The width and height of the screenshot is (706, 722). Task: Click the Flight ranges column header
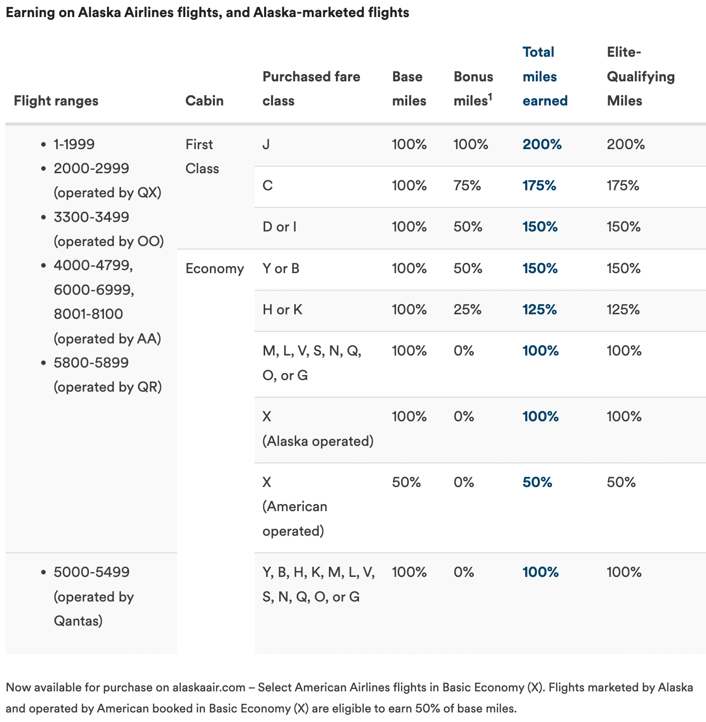coord(56,101)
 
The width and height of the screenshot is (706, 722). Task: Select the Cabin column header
coord(204,101)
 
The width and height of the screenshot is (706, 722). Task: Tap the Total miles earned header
coord(545,77)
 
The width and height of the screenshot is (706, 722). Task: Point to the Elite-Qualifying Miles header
coord(640,77)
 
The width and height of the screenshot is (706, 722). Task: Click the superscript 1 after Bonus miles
coord(490,96)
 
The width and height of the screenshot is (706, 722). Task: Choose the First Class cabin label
coord(202,156)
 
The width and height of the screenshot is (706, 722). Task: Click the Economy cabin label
coord(214,269)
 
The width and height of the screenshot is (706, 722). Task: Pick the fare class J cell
coord(266,145)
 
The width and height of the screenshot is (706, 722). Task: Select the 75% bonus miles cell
coord(467,186)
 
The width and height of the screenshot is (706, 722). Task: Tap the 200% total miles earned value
coord(542,145)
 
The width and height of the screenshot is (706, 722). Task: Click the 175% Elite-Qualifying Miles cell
coord(623,186)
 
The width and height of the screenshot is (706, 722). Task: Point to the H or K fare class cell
coord(282,310)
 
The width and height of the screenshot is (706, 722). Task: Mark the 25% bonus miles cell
coord(467,310)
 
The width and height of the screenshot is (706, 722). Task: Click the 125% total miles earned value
coord(539,310)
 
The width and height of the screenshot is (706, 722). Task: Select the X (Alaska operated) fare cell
coord(317,429)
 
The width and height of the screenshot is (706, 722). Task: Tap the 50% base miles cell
coord(406,483)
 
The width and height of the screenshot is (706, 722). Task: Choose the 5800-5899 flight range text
coord(91,363)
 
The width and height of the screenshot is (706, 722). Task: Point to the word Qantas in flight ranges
coord(78,621)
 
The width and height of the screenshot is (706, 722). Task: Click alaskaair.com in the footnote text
coord(208,687)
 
